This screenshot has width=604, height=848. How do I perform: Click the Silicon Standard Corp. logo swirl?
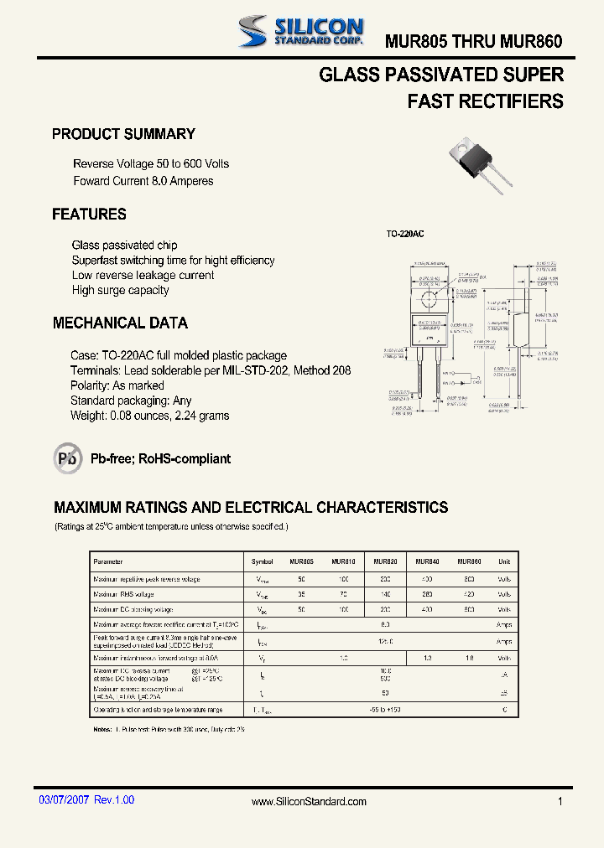tap(252, 31)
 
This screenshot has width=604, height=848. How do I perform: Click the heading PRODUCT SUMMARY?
tap(123, 134)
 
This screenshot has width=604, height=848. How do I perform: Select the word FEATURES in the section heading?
tap(89, 215)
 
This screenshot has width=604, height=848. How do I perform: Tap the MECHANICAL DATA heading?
tap(120, 323)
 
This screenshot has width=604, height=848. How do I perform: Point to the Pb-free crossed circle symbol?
tap(68, 458)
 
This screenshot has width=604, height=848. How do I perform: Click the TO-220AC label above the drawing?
tap(405, 234)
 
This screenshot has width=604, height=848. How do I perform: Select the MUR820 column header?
tap(385, 561)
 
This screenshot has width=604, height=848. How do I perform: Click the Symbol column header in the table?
tap(263, 561)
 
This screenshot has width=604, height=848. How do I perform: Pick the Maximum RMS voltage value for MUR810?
tap(343, 594)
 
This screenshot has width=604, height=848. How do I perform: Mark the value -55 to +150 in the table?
tap(385, 710)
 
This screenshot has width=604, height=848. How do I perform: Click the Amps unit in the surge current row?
tap(503, 642)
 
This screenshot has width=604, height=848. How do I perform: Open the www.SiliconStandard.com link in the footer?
tap(309, 802)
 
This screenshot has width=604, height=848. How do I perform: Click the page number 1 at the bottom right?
tap(560, 802)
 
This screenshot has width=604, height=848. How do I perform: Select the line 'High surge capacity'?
tap(121, 291)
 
